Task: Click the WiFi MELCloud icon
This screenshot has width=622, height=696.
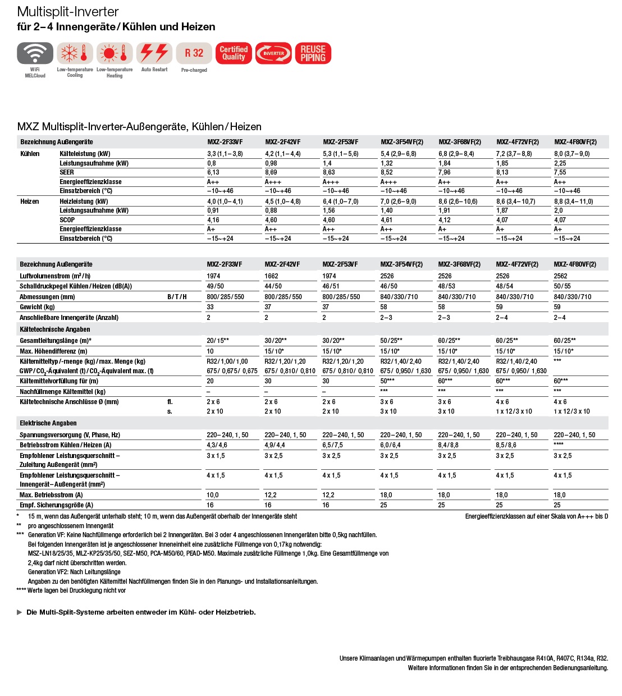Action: (x=35, y=53)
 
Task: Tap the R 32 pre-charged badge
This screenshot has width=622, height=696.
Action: (x=194, y=53)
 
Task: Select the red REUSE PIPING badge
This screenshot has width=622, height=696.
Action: (x=313, y=53)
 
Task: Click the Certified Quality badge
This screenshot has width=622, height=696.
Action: (x=234, y=53)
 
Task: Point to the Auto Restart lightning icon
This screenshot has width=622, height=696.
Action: (x=154, y=53)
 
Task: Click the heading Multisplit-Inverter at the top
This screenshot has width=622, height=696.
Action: (x=68, y=12)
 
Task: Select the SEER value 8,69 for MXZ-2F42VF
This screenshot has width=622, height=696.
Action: (x=271, y=172)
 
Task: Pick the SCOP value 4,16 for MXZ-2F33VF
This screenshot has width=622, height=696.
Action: (x=213, y=220)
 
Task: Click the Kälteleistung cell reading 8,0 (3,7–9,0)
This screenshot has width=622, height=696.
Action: (x=572, y=154)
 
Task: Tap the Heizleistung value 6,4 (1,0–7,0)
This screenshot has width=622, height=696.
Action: (x=341, y=202)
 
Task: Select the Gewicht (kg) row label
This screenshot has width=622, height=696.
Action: (x=37, y=307)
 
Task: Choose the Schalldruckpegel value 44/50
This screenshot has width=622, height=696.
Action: (x=273, y=286)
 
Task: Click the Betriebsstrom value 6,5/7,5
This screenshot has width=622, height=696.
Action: (x=333, y=445)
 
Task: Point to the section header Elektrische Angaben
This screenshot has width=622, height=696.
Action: (x=48, y=423)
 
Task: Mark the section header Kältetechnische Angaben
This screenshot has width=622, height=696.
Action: (x=55, y=329)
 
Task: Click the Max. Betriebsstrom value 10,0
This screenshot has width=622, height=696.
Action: (x=213, y=495)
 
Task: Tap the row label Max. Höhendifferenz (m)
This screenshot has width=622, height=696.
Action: (x=53, y=351)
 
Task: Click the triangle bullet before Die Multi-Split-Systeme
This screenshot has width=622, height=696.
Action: (x=20, y=612)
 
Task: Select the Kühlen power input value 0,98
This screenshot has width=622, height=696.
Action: (x=271, y=163)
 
